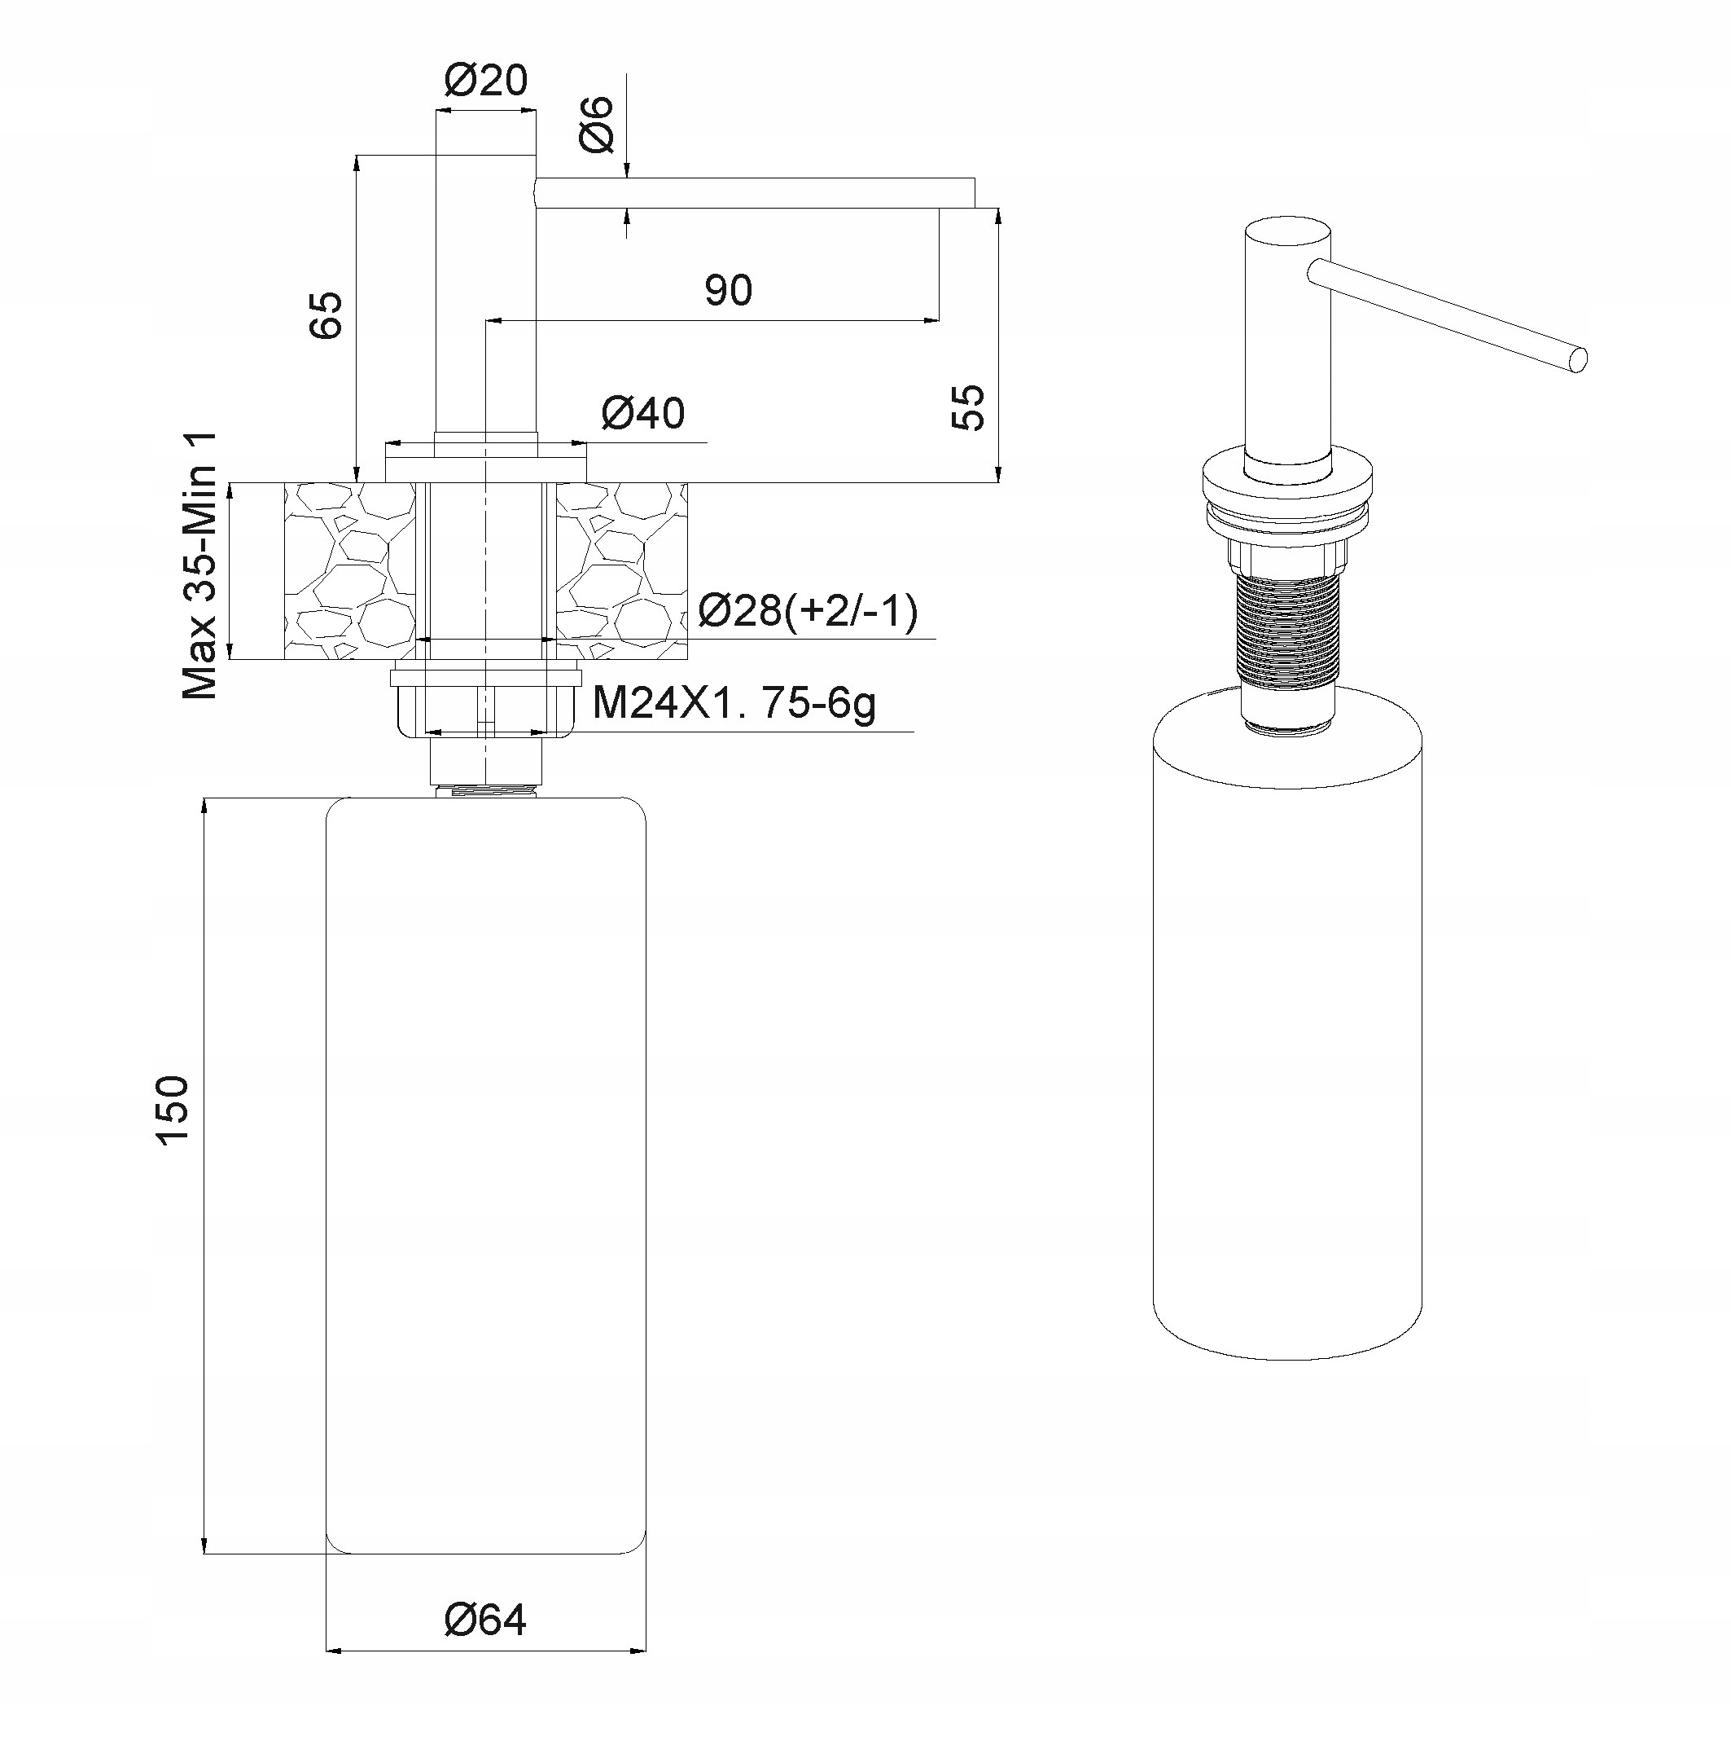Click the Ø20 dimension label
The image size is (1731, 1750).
(485, 81)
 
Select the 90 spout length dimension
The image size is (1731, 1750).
(728, 290)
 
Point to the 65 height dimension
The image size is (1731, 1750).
(326, 315)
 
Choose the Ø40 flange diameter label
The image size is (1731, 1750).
(642, 414)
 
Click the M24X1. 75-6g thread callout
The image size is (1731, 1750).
(734, 703)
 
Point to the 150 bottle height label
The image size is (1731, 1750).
(172, 1110)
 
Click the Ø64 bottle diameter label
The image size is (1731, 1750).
(485, 1620)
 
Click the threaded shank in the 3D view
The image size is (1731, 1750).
(1286, 625)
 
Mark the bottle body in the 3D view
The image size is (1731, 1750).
(1286, 1042)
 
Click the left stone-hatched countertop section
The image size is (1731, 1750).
(348, 570)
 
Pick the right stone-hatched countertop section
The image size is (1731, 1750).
(620, 570)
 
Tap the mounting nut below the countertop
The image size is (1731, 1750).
(485, 706)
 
